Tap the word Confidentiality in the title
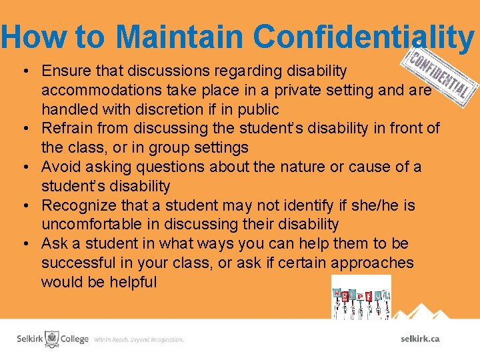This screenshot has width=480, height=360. pos(364,37)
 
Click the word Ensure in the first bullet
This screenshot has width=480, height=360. pos(64,70)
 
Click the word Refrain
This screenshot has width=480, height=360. pos(67,128)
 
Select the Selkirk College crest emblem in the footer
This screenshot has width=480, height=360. pos(52,339)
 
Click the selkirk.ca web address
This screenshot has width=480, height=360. pos(420,339)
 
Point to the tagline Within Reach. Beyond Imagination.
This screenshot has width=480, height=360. pos(139,339)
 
